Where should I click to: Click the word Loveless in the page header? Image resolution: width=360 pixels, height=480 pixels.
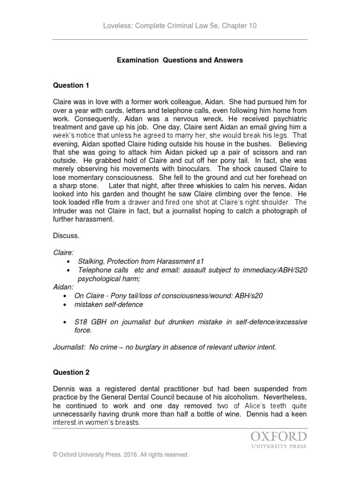117,26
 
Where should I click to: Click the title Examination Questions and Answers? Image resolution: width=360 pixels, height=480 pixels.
180,60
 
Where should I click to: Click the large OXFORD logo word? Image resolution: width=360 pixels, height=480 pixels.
278,437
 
